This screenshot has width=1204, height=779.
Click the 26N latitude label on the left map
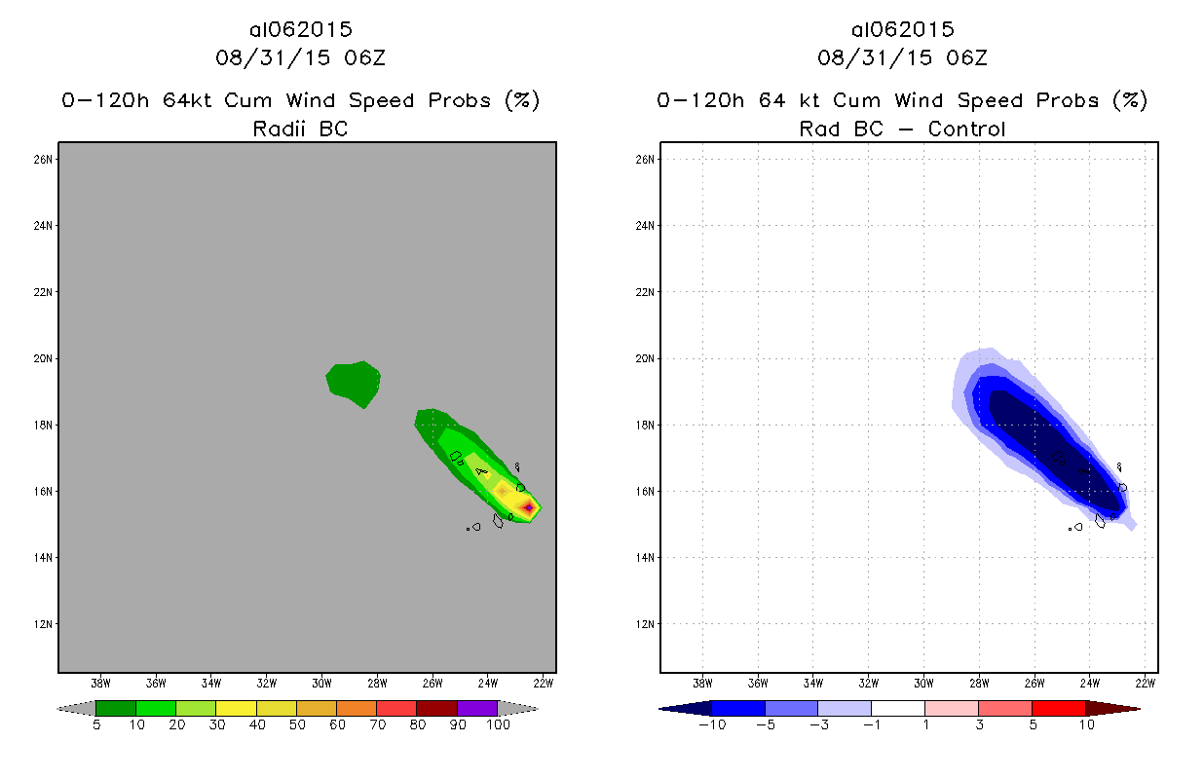click(x=45, y=159)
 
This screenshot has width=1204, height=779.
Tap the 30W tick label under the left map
click(x=321, y=682)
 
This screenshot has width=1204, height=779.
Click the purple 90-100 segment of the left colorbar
click(x=477, y=708)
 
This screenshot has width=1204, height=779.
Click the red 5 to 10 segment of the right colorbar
click(x=1058, y=708)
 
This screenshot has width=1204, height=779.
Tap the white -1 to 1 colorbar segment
click(x=898, y=708)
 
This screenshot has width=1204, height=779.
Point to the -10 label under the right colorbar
click(x=711, y=725)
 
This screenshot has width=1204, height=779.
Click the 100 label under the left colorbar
click(x=498, y=725)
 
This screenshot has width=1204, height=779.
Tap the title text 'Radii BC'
click(x=300, y=129)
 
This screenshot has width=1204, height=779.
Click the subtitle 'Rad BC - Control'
click(x=902, y=129)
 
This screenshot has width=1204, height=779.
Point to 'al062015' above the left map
click(x=300, y=30)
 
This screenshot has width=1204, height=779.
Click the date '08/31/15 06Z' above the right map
click(x=902, y=57)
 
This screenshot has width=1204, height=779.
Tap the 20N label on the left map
click(x=45, y=358)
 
